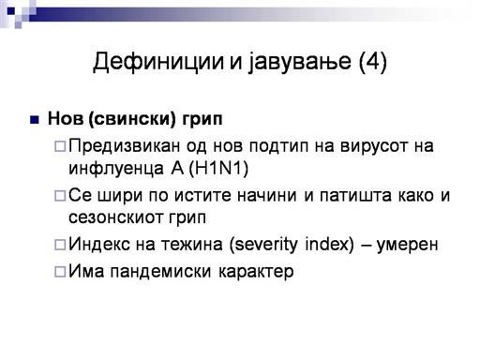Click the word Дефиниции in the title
(158, 62)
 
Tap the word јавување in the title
(300, 62)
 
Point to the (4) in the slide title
(373, 62)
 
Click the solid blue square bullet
(34, 120)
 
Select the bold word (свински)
(132, 119)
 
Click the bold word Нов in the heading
(66, 118)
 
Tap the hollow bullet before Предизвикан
(60, 146)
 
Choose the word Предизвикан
(125, 146)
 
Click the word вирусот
(374, 146)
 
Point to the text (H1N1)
(218, 169)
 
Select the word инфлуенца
(116, 169)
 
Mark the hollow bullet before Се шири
(60, 196)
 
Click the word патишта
(355, 196)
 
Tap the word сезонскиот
(116, 217)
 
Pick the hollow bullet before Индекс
(60, 245)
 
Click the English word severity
(263, 245)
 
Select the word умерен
(407, 246)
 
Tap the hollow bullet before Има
(60, 272)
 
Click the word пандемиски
(160, 272)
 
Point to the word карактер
(256, 272)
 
